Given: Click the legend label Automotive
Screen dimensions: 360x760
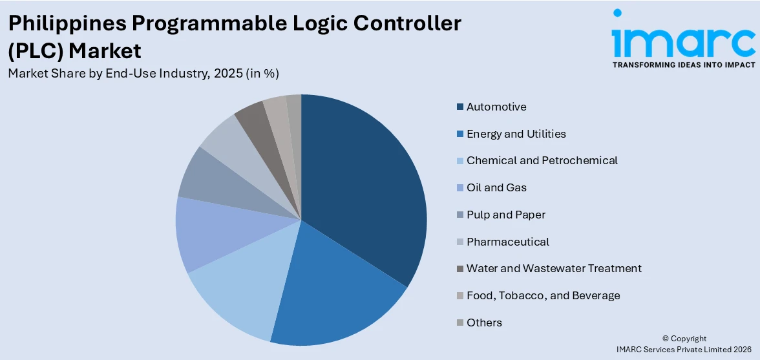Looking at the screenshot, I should pos(496,107).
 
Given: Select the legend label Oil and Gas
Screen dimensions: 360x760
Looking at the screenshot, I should pos(496,187).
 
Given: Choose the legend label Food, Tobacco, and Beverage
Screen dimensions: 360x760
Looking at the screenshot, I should pos(543,295).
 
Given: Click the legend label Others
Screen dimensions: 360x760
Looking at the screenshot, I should pos(484,323).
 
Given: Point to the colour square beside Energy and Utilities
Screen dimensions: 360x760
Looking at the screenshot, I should pos(459,134).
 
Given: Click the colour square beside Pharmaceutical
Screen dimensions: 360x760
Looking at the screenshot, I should pos(459,242).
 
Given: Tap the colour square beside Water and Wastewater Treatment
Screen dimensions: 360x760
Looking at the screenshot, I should pos(459,268).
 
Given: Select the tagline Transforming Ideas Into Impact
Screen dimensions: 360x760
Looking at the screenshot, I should pos(683,65).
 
